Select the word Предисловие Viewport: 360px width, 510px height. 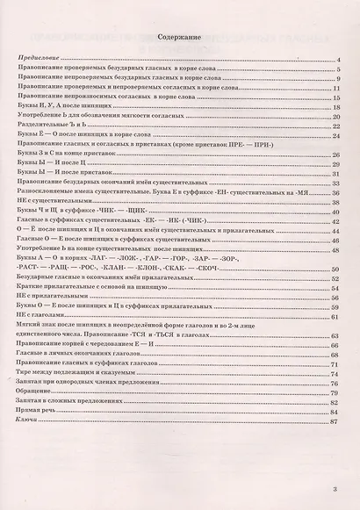pos(36,58)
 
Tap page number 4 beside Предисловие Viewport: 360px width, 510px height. pos(337,59)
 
